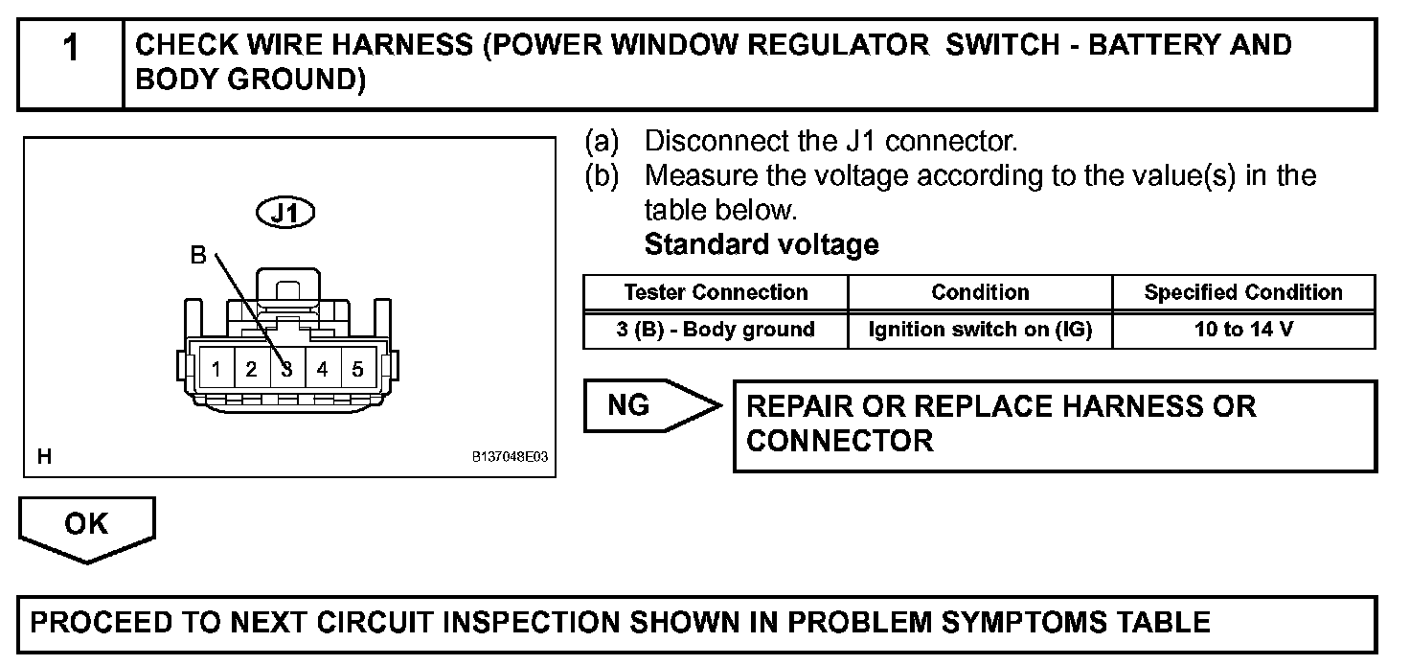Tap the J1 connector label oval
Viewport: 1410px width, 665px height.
coord(285,213)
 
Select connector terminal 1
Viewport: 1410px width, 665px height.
coord(217,369)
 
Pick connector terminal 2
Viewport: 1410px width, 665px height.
coord(252,369)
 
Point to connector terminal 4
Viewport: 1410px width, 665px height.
coord(323,369)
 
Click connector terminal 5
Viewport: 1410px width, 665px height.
coord(357,369)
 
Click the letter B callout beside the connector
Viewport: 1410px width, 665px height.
coord(198,256)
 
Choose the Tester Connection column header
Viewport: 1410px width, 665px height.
coord(716,292)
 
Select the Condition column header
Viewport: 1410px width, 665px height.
coord(980,292)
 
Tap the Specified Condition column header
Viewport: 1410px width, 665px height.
coord(1243,292)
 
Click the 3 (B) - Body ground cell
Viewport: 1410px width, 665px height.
coord(716,330)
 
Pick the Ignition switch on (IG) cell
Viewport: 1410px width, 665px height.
coord(980,330)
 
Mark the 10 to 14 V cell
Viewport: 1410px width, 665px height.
coord(1243,330)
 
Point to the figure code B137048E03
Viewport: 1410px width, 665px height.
coord(510,458)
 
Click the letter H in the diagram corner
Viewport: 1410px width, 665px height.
coord(44,457)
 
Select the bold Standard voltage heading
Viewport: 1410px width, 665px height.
coord(762,245)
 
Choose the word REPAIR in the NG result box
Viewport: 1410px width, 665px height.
coord(799,406)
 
